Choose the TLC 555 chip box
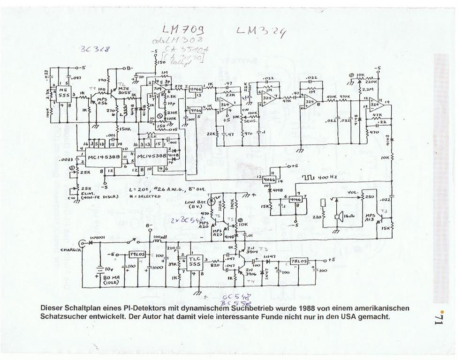tap(194, 262)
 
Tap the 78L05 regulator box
tap(299, 261)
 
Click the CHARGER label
tap(70, 250)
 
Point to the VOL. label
tap(353, 193)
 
